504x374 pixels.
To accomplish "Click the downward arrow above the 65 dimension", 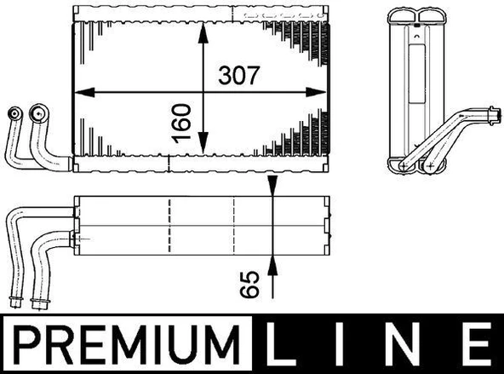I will [x=271, y=188].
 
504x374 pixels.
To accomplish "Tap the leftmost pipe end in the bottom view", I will [x=15, y=301].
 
